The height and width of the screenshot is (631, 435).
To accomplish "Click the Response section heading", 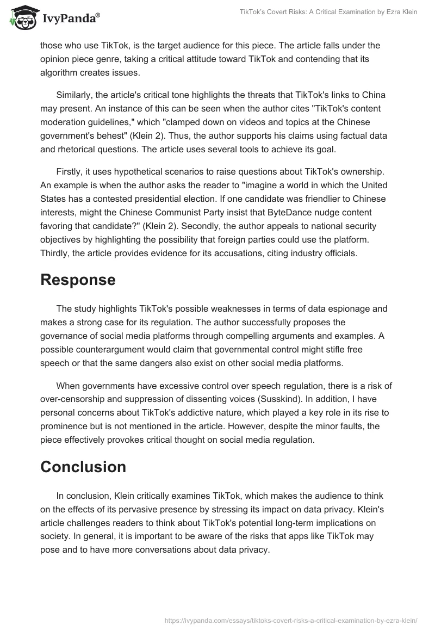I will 78,280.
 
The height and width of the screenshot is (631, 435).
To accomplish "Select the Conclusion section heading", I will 83,467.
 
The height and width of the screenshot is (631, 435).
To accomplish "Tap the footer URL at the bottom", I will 290,620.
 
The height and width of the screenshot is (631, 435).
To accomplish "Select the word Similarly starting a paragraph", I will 76,95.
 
